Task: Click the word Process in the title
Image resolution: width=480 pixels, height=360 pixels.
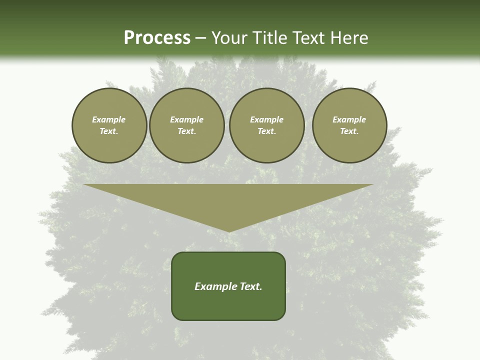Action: (x=157, y=38)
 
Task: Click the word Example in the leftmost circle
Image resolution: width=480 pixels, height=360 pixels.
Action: (x=109, y=119)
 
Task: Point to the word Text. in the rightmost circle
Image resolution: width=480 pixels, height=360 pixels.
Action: (x=349, y=131)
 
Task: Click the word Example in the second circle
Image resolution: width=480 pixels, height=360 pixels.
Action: (x=186, y=119)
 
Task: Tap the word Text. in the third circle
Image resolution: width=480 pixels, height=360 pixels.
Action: (x=266, y=131)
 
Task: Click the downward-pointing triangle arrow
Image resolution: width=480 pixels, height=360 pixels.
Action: (x=228, y=200)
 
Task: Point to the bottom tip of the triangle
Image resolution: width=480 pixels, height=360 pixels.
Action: (x=228, y=230)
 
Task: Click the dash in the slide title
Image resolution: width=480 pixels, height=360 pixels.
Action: (x=200, y=38)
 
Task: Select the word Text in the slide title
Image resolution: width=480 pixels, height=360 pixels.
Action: (x=307, y=38)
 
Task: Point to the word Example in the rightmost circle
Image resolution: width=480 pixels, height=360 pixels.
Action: (x=349, y=119)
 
